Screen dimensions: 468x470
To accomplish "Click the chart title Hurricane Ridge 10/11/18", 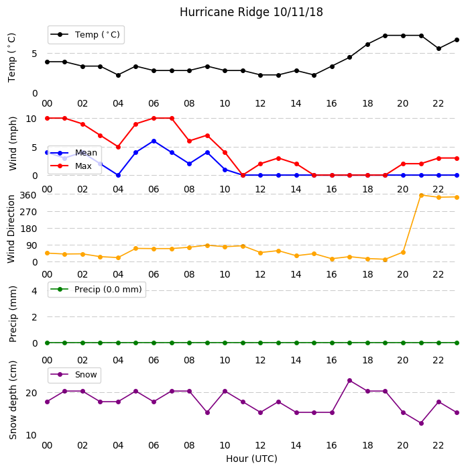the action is (x=251, y=12).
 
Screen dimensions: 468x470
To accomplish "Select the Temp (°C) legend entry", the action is (x=85, y=34).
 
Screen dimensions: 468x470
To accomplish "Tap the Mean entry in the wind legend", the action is (x=74, y=153).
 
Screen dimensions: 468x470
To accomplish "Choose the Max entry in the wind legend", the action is (x=71, y=166).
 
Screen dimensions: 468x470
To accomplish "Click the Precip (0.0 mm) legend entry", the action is (x=97, y=289).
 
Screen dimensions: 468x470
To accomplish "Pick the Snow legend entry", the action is (x=74, y=374).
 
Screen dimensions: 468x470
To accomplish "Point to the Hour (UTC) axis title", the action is (x=251, y=459).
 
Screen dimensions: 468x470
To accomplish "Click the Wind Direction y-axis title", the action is (x=11, y=229).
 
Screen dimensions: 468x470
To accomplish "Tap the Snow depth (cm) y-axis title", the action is (x=13, y=400).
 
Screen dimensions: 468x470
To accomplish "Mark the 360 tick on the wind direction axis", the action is (x=28, y=195).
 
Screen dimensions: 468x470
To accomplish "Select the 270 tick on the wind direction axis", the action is (x=28, y=212).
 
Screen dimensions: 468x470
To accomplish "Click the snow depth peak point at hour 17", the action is (x=349, y=380).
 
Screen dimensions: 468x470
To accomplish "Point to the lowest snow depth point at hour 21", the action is (x=421, y=423).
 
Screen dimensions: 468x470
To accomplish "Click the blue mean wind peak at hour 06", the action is (x=154, y=141).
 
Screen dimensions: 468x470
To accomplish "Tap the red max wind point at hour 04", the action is (x=118, y=147).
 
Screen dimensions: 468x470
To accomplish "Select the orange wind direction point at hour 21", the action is (x=421, y=195).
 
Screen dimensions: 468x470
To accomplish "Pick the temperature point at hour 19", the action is (x=386, y=36).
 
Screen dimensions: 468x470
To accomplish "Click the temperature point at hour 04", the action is (x=118, y=75).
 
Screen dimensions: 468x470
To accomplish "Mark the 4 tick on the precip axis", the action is (x=34, y=291).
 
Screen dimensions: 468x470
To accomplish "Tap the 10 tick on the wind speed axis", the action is (x=31, y=119).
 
